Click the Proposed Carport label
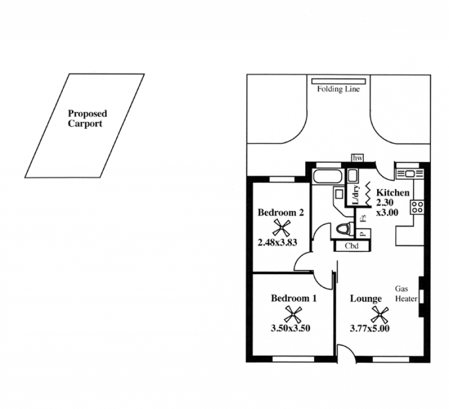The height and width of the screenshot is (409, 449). click(x=88, y=118)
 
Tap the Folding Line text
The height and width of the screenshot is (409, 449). click(x=338, y=89)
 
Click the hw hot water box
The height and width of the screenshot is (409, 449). click(x=357, y=158)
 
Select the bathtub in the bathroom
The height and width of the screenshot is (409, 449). click(x=328, y=177)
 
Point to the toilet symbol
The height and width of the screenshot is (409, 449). click(x=343, y=229)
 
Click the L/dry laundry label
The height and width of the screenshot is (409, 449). click(x=356, y=195)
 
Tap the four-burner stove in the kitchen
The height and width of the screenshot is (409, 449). click(x=417, y=207)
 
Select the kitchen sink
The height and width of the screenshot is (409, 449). click(x=410, y=173)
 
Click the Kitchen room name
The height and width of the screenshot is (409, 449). click(x=392, y=192)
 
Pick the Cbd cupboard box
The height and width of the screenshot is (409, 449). click(x=352, y=246)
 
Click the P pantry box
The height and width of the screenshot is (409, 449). click(x=364, y=233)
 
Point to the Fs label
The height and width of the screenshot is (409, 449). click(x=364, y=218)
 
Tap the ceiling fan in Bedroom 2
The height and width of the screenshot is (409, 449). click(x=281, y=228)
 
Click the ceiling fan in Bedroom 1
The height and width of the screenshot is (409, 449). click(x=293, y=315)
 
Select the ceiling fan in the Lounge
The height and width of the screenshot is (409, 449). click(x=381, y=315)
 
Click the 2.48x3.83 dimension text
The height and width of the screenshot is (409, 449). click(x=277, y=242)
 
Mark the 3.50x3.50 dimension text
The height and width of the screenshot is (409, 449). click(x=290, y=328)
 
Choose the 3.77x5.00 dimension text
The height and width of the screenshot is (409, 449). click(x=370, y=328)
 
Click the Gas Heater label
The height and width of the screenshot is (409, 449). click(x=406, y=293)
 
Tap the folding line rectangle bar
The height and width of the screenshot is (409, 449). click(x=338, y=81)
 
